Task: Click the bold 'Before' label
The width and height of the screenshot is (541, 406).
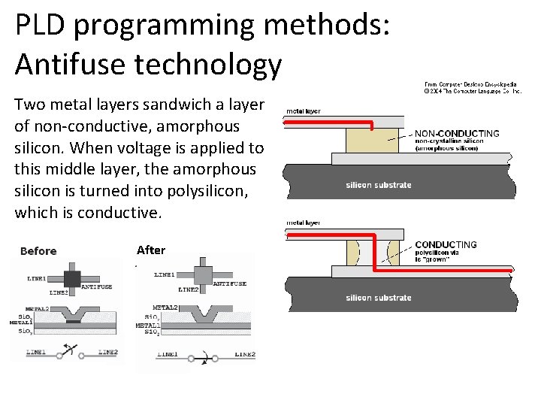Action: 38,251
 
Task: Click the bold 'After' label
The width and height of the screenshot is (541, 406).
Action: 151,250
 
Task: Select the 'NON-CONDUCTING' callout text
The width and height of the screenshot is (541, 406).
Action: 457,134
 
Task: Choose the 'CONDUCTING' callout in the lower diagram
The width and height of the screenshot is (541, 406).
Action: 446,244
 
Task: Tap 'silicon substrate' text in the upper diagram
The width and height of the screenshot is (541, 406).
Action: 378,185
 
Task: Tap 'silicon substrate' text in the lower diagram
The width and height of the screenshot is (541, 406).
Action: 378,298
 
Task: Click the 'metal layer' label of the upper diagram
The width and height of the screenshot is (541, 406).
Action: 303,111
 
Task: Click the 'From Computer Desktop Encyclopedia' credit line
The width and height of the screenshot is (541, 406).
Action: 470,84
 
